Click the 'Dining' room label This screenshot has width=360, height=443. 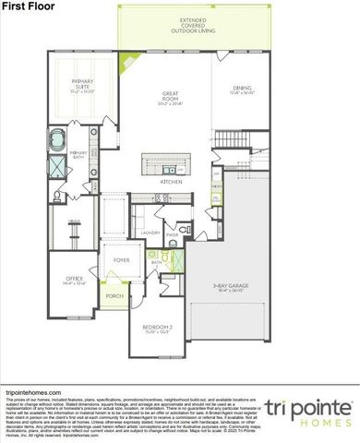point(242,89)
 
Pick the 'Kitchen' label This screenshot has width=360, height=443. point(172,182)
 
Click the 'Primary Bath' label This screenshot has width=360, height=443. point(78,154)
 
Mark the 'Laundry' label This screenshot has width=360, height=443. point(150,233)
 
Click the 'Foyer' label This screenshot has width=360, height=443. point(121,259)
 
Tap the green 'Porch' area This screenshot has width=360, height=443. point(114,296)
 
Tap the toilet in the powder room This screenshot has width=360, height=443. point(184,228)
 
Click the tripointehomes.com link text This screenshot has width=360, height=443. point(30,390)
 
